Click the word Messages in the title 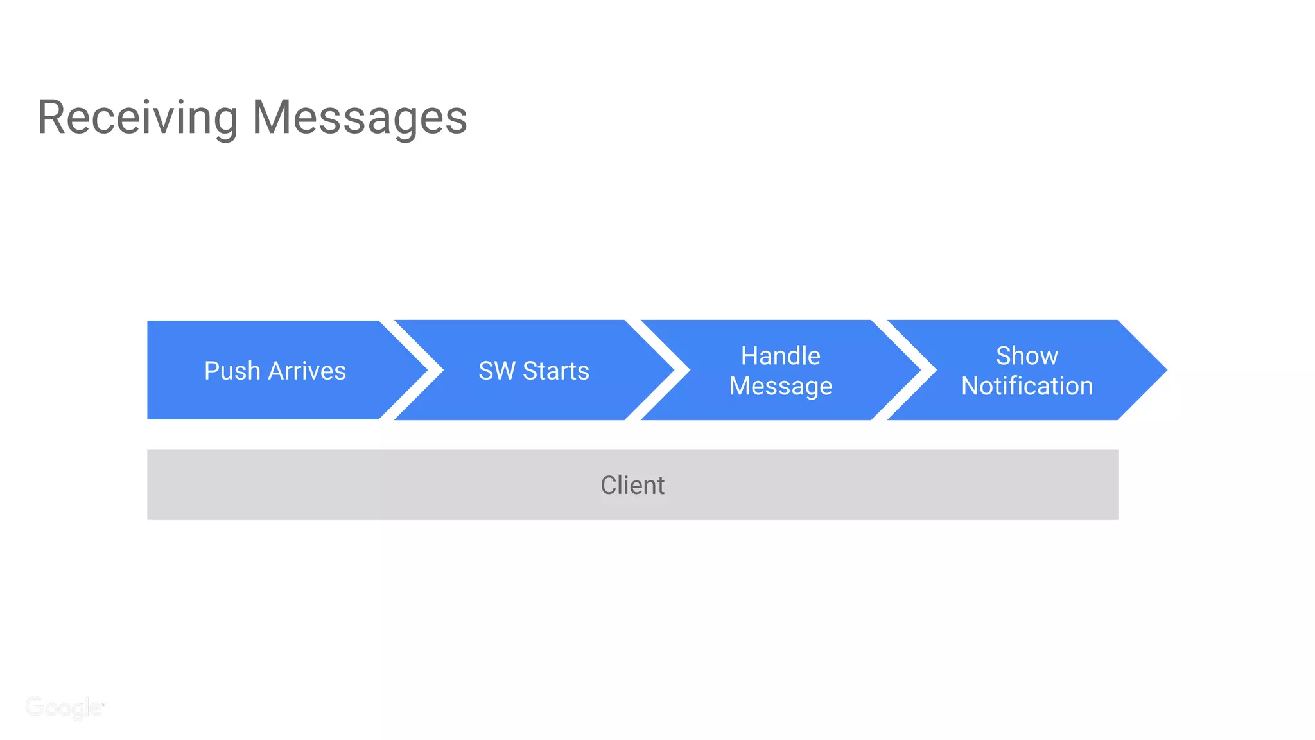[x=360, y=118]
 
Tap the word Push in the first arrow [x=232, y=371]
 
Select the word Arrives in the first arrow [x=307, y=371]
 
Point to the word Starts [x=555, y=371]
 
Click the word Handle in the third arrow [x=780, y=355]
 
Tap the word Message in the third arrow [x=780, y=386]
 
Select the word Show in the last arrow [x=1026, y=355]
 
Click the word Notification [x=1026, y=386]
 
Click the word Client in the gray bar [x=632, y=485]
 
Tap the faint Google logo [x=64, y=707]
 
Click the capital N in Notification [x=970, y=386]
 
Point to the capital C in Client [x=609, y=485]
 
